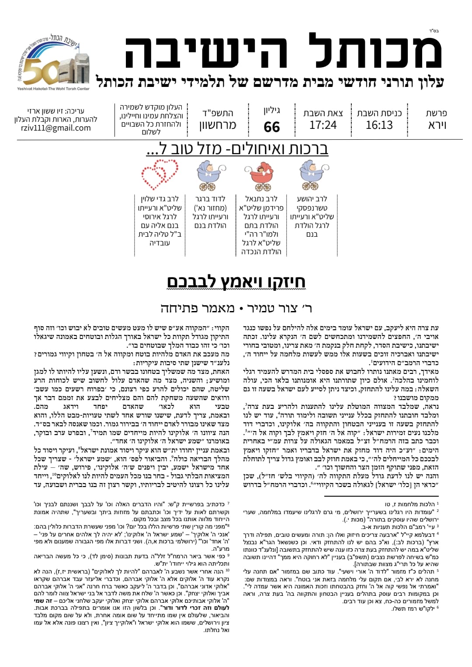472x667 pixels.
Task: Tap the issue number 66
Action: coord(272,127)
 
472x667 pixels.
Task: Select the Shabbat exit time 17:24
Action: coord(323,125)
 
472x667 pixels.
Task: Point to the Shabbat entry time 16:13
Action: coord(379,125)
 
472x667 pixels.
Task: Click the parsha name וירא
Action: coord(437,125)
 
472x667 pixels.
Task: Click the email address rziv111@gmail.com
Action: coord(56,128)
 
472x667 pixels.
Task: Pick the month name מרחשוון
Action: coord(218,126)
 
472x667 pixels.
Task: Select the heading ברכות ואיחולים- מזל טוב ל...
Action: coord(237,149)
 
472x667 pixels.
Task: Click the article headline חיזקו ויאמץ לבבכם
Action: coord(236,282)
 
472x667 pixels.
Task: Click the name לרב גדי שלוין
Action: coord(160,199)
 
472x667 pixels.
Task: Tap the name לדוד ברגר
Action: coord(210,199)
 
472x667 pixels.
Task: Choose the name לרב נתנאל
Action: coord(261,199)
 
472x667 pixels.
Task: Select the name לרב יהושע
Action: coord(312,199)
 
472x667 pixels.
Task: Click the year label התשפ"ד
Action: coord(218,113)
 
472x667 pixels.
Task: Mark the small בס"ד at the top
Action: coord(434,31)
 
